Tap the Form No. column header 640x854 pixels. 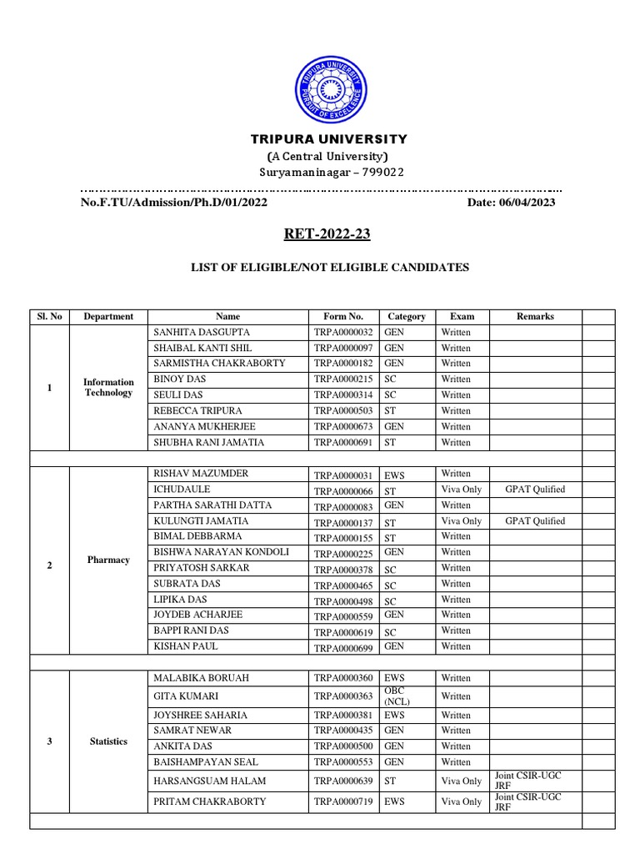(x=343, y=317)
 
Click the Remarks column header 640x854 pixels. (x=534, y=317)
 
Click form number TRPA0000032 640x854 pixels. (x=342, y=332)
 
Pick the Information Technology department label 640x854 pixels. (x=108, y=388)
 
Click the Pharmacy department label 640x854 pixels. (x=108, y=560)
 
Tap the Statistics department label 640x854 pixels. (x=108, y=741)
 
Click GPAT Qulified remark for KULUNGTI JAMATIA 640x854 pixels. (x=534, y=521)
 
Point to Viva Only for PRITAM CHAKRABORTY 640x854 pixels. (x=461, y=802)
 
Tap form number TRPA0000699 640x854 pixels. (x=342, y=647)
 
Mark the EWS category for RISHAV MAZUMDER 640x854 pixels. (x=394, y=475)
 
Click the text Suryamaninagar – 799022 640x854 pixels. (x=331, y=173)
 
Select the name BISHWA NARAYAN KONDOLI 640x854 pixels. (x=221, y=552)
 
